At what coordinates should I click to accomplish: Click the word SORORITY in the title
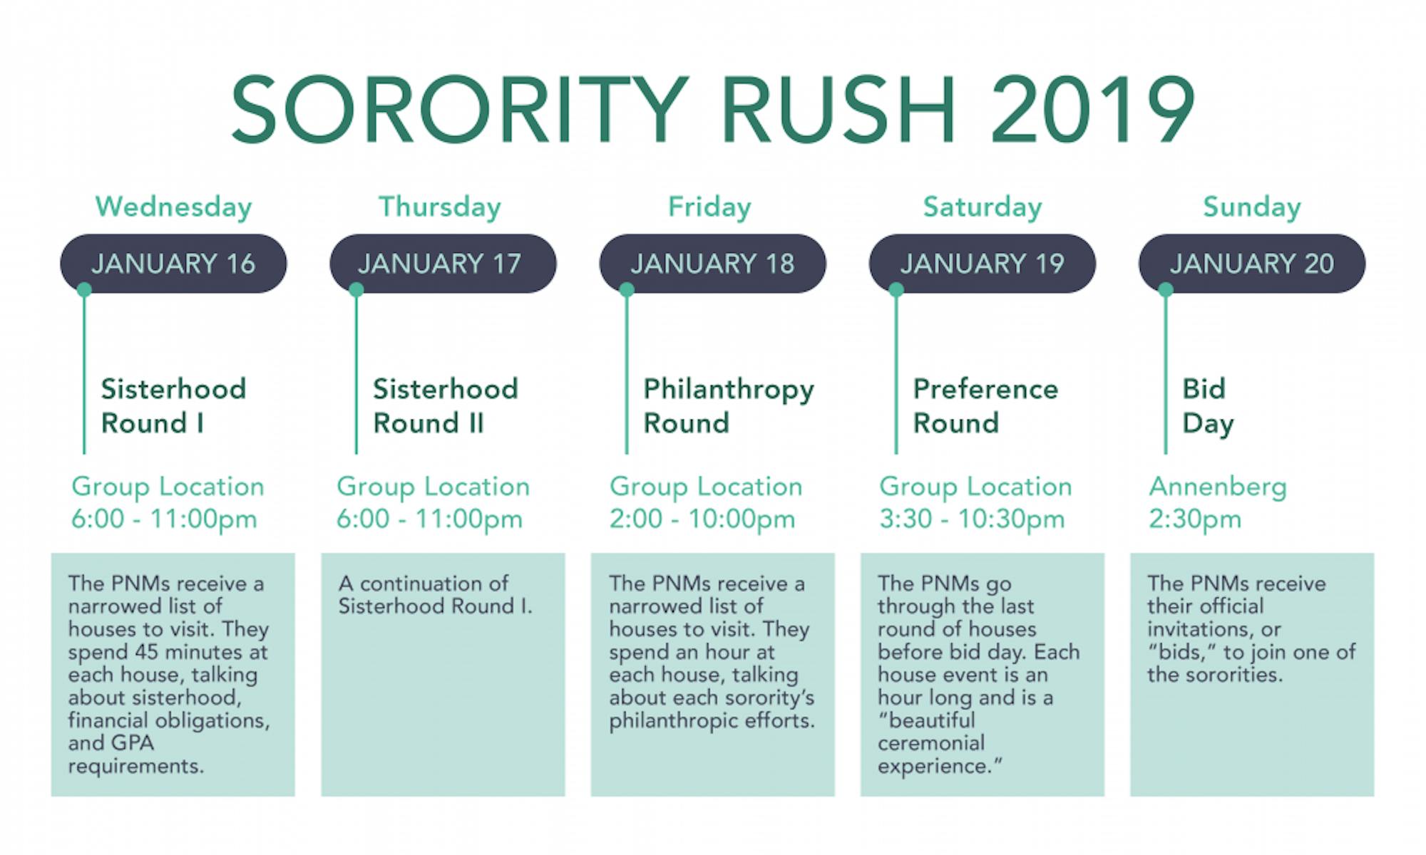(460, 110)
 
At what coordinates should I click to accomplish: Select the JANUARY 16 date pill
(173, 264)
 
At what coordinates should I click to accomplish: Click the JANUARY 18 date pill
(712, 264)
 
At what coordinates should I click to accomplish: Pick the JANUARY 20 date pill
(1251, 264)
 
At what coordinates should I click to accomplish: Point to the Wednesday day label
(173, 207)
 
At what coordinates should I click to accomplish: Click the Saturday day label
(982, 207)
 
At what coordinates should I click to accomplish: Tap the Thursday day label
(439, 207)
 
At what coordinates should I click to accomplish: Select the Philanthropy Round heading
(728, 406)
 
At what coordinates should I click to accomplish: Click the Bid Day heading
(1207, 406)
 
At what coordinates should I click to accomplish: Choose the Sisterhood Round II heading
(445, 406)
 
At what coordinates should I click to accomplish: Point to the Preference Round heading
(985, 406)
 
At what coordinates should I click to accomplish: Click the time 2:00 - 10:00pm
(702, 519)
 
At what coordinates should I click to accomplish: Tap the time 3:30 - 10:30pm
(972, 519)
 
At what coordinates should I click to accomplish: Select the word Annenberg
(1217, 487)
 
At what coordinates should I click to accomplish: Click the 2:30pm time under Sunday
(1194, 519)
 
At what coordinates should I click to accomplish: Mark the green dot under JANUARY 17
(356, 289)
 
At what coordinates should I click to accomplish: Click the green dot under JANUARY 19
(896, 289)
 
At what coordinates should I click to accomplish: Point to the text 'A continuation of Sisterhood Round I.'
(434, 594)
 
